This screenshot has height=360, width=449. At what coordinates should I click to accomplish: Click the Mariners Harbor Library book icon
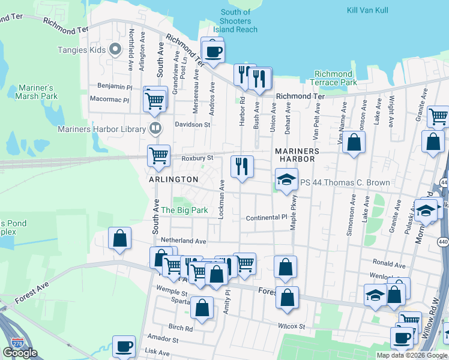point(155,128)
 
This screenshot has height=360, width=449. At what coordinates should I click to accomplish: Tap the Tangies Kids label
point(81,50)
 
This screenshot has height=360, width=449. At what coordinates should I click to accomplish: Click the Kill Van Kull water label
point(368,10)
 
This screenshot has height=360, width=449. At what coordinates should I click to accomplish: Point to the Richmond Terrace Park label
point(333,78)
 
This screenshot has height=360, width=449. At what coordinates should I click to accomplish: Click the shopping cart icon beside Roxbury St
point(159,156)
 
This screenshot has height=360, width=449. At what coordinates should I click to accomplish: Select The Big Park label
point(184,211)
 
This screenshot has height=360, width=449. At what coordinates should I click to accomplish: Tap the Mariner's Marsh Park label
point(37,91)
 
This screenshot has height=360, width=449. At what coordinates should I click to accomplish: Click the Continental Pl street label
point(267,218)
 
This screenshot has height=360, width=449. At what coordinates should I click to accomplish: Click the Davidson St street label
point(192,125)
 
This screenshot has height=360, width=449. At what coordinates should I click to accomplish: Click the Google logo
point(20,353)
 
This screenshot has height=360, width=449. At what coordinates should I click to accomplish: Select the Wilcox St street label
point(292,326)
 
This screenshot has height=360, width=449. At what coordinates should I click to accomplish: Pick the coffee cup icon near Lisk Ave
point(124,346)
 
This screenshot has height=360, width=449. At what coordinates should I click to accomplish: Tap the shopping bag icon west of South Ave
point(120,238)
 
